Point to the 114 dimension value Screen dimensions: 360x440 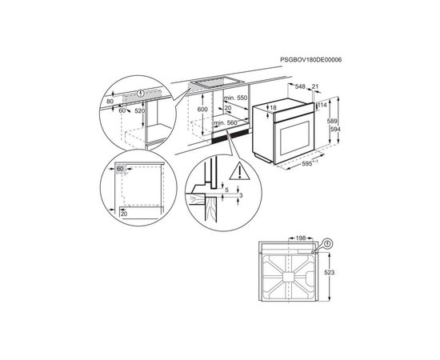click(x=324, y=104)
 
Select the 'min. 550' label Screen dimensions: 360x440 click(x=236, y=96)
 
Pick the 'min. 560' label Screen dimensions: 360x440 click(x=226, y=122)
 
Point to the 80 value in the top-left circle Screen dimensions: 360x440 click(x=110, y=101)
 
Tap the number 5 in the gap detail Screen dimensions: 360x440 click(x=226, y=190)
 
